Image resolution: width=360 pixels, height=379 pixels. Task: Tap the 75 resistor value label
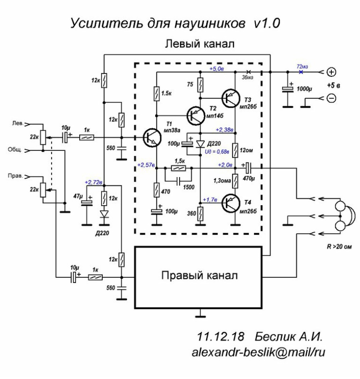tap(189, 85)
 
